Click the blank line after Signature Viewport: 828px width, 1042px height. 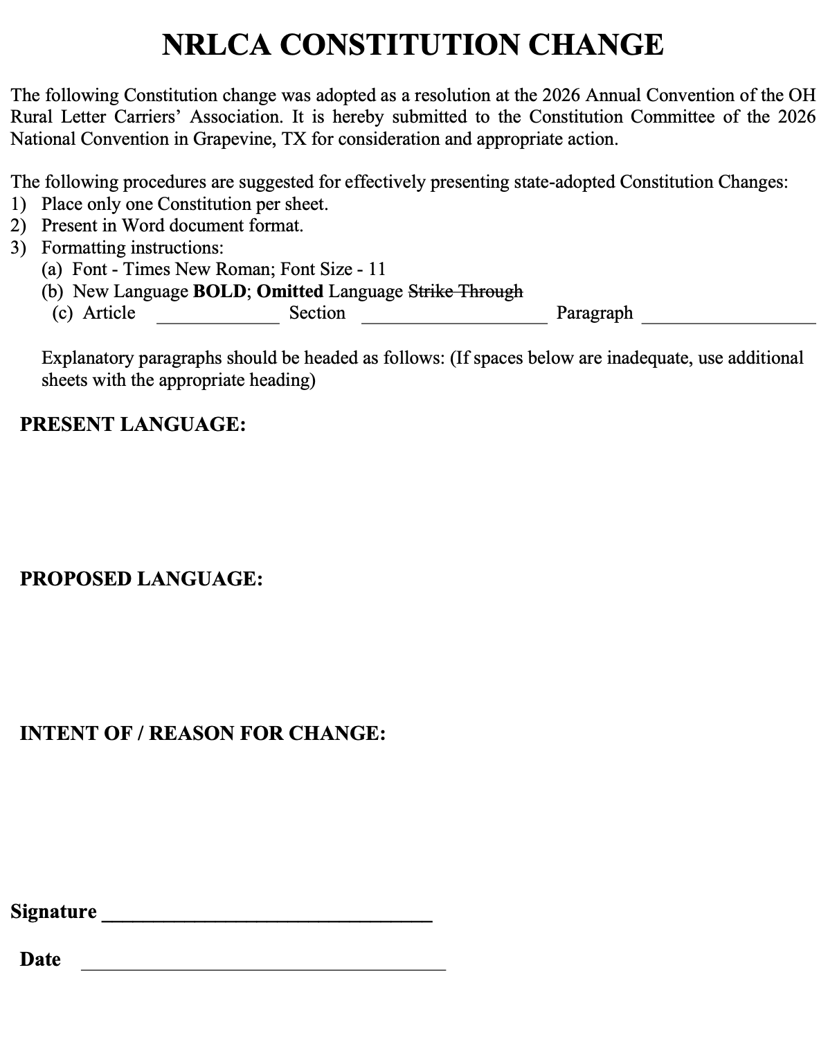coord(267,919)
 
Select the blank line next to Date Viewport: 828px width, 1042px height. coord(263,968)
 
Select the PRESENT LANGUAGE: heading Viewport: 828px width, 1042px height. coord(133,424)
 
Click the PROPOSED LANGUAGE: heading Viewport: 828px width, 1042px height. coord(141,579)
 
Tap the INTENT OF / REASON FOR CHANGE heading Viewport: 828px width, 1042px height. coord(202,733)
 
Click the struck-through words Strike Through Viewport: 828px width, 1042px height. coord(465,291)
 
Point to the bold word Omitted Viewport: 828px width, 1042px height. coord(289,291)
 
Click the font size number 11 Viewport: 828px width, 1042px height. coord(377,269)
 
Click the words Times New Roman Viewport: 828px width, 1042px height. coord(191,269)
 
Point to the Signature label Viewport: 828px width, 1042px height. coord(53,911)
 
